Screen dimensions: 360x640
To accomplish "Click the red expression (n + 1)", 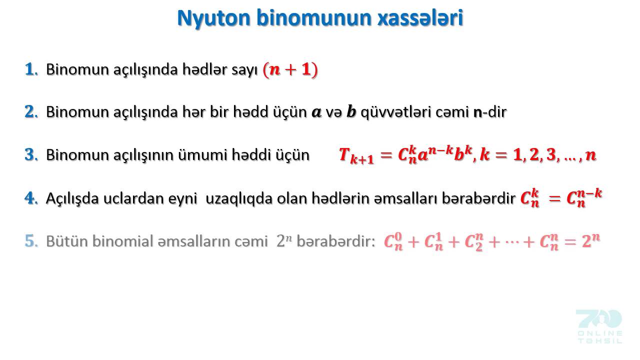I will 290,70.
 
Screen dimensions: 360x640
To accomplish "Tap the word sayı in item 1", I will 242,70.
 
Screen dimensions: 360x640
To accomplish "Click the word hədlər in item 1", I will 198,70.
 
